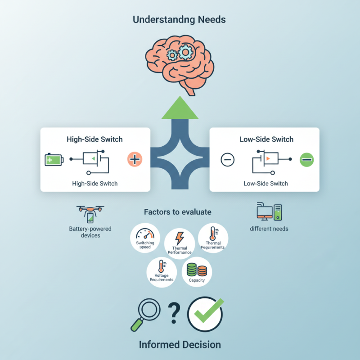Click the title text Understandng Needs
(x=180, y=20)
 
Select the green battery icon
(x=54, y=159)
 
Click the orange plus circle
(x=135, y=159)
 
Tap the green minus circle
(x=307, y=159)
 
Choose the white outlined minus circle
(x=228, y=159)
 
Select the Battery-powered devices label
(x=90, y=232)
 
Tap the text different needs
(x=269, y=229)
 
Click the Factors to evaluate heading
(x=177, y=211)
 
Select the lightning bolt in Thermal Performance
(x=179, y=238)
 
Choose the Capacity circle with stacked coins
(x=197, y=271)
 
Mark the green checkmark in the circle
(x=205, y=313)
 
